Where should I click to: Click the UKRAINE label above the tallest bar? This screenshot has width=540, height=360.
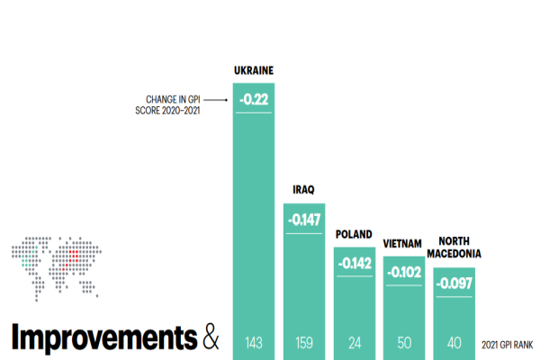pos(254,70)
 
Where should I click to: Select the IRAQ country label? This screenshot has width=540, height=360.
pos(304,190)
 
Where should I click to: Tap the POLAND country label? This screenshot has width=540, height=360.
pos(354,234)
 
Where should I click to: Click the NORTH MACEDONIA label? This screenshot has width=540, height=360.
pos(454,247)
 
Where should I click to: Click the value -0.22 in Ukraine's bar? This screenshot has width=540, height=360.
pos(254,98)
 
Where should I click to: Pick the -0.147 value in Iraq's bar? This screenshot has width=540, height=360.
pos(304,219)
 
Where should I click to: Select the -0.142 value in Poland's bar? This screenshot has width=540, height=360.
pos(355,263)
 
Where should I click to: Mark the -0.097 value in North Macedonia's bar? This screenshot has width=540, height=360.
pos(454,283)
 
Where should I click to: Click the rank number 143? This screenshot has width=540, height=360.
pos(254,342)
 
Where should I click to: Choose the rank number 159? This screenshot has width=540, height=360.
pos(304,342)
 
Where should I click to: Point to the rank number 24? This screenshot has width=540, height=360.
pos(355,342)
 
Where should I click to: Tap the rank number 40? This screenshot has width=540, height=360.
pos(454,342)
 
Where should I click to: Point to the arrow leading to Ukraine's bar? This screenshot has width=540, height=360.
pos(216,99)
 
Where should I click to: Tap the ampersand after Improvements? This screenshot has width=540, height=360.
pos(210,337)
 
